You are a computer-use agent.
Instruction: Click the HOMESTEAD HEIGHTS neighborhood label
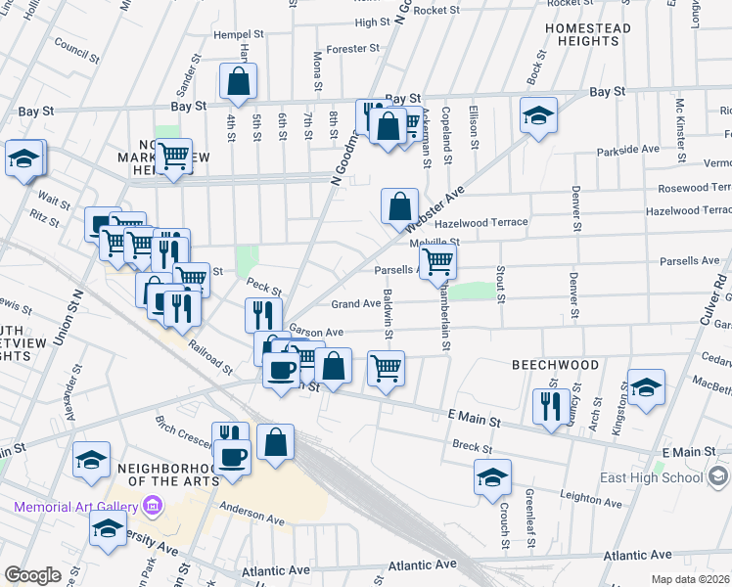[x=587, y=36]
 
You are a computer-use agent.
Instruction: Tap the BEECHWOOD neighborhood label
[x=556, y=364]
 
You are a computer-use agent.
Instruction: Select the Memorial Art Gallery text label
[x=74, y=507]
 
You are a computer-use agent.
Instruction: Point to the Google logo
[x=32, y=575]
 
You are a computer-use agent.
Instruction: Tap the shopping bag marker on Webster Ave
[x=399, y=206]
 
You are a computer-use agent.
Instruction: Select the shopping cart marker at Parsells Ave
[x=438, y=261]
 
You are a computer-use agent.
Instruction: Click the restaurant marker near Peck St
[x=262, y=315]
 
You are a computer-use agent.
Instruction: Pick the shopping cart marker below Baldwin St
[x=387, y=369]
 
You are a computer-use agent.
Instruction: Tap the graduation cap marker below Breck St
[x=492, y=477]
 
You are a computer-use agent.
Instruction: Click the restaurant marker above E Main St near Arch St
[x=550, y=403]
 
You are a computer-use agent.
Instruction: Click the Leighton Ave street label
[x=592, y=501]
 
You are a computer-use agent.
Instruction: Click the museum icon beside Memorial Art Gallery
[x=152, y=507]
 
